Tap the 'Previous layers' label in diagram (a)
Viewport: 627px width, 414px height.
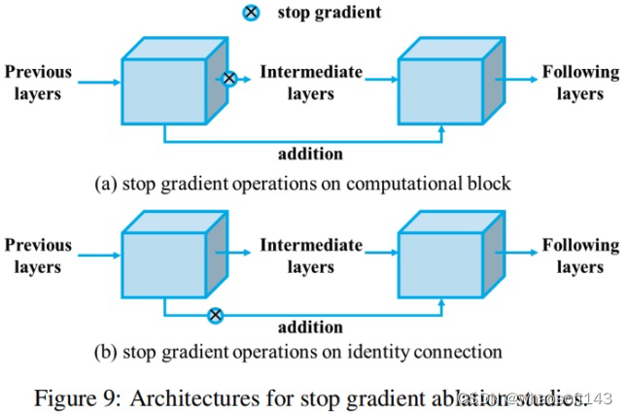[x=38, y=83]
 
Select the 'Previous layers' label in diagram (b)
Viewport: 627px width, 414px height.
[x=38, y=255]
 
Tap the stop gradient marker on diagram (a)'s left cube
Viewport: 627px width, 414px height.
[x=229, y=78]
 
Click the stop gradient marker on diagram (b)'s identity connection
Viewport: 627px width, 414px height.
[x=216, y=314]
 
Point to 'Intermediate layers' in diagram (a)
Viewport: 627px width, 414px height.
[x=311, y=83]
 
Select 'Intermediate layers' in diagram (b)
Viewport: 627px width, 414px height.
[x=311, y=255]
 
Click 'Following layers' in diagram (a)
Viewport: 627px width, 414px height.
[x=580, y=83]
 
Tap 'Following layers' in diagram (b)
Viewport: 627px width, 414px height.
[x=580, y=255]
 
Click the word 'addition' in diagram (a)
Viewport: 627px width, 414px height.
[x=310, y=155]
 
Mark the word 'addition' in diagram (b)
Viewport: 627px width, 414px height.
[x=310, y=328]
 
